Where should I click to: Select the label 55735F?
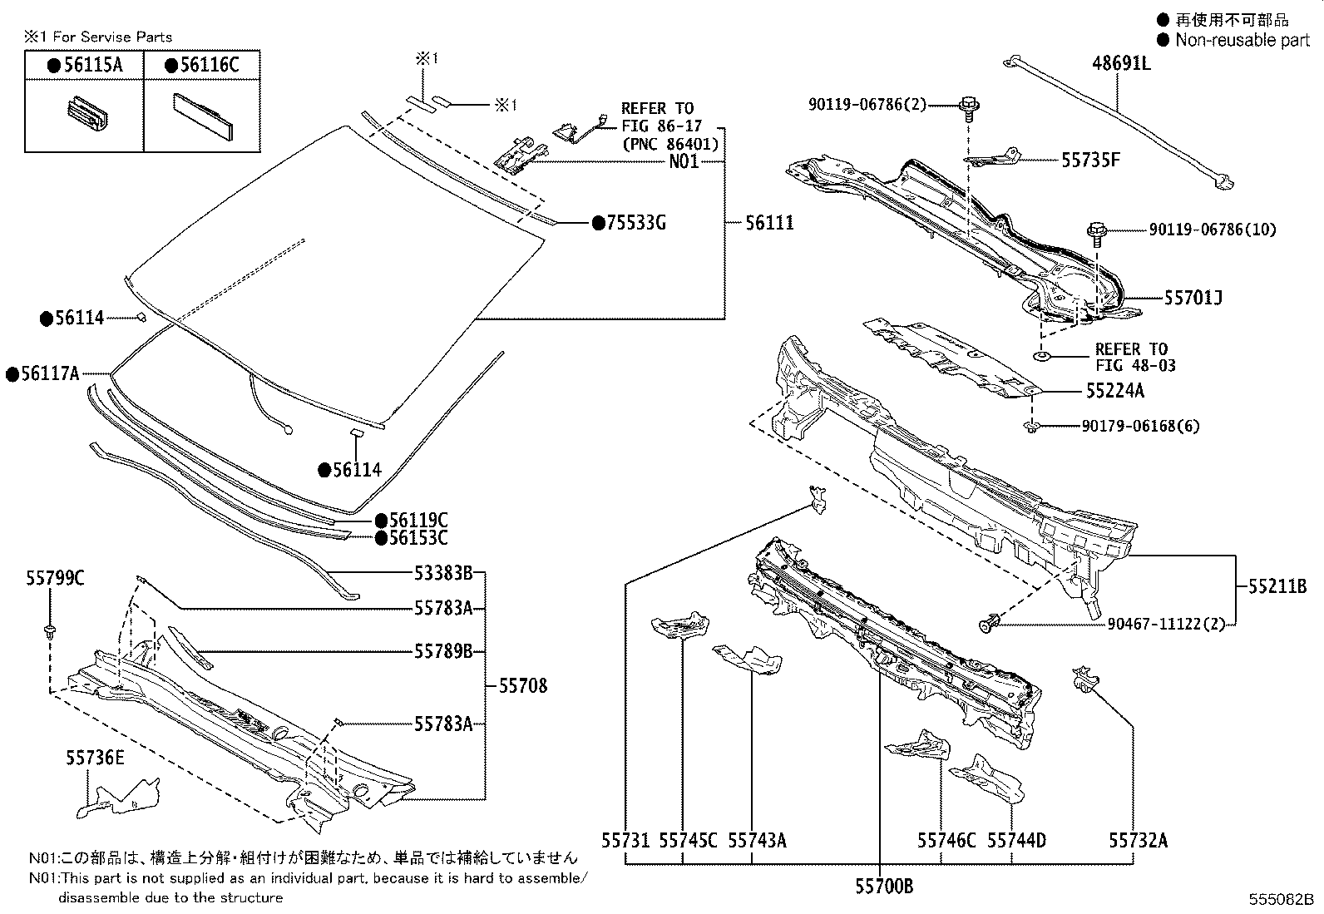pos(1089,160)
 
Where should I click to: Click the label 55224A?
pos(1114,390)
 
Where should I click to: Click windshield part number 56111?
pos(768,223)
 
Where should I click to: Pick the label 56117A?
pos(50,374)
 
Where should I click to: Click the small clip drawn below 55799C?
pos(51,630)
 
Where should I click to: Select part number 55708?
pos(523,686)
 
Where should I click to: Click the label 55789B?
pos(443,651)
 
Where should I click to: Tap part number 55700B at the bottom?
pos(884,887)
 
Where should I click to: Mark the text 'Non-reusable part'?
pos(1242,40)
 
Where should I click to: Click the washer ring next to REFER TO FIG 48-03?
pos(1041,356)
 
